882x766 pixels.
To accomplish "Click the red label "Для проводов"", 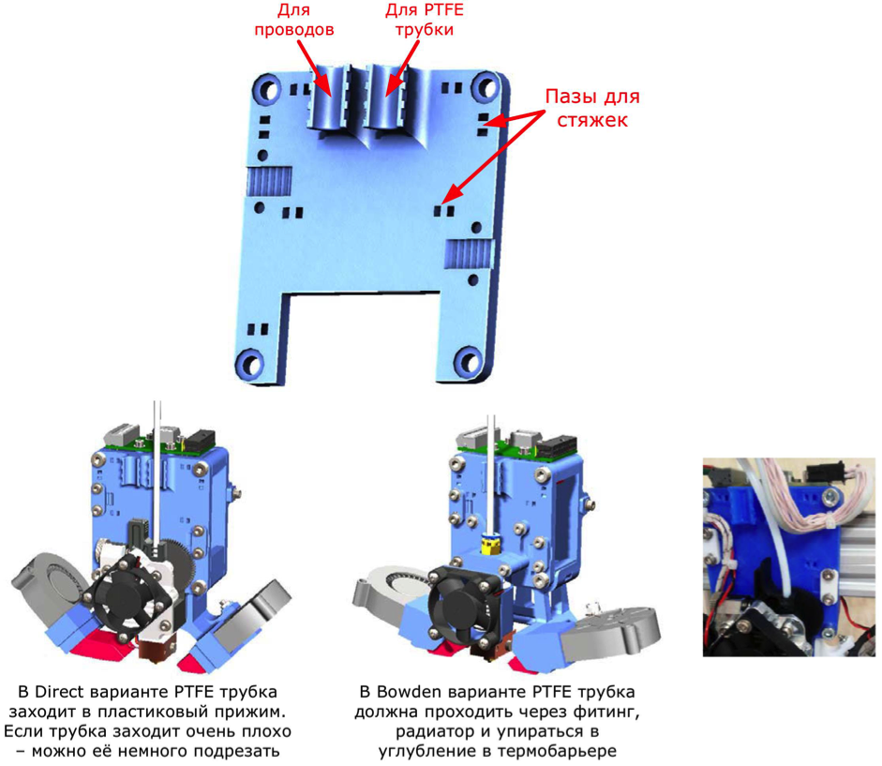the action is (x=294, y=20).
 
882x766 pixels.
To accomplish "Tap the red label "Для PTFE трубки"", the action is (x=424, y=20).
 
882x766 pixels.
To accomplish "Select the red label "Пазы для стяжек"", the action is (x=592, y=108).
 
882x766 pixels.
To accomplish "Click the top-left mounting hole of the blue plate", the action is (x=268, y=89).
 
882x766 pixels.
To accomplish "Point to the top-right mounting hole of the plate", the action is (x=486, y=86).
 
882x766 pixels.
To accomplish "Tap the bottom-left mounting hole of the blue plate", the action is (x=250, y=364).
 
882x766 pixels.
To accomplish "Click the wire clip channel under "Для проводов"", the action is (x=327, y=98).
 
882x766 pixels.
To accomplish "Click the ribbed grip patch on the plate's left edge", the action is (x=269, y=181).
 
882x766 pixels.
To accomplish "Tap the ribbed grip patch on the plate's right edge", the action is (x=471, y=254).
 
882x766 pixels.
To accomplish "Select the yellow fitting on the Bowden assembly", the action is (x=490, y=544).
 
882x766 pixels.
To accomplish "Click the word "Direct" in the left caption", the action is (x=58, y=692).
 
